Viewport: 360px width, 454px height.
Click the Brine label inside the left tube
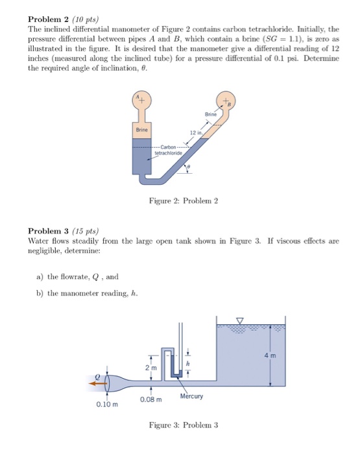click(x=141, y=130)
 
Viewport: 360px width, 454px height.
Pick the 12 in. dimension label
click(x=195, y=134)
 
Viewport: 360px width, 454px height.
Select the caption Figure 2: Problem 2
click(x=182, y=201)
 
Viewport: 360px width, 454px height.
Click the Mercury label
click(x=192, y=396)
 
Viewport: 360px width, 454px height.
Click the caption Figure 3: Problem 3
click(x=183, y=425)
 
